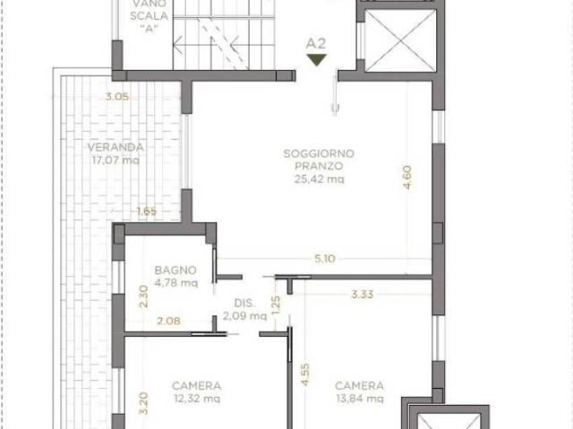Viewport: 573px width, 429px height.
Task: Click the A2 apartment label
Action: tap(316, 44)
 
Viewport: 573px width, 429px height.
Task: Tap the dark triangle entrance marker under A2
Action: tap(316, 60)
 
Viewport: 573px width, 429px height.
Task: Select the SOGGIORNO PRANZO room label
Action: tap(319, 159)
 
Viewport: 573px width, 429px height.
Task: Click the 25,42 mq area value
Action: tap(320, 179)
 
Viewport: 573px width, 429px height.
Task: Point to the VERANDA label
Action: tap(115, 147)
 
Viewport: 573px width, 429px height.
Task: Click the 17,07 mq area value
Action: tap(115, 160)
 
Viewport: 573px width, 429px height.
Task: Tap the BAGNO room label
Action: tap(175, 270)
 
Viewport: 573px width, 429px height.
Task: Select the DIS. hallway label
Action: tap(244, 303)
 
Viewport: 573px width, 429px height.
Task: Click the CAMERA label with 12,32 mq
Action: tap(197, 385)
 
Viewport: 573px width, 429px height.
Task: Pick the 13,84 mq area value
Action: tap(360, 399)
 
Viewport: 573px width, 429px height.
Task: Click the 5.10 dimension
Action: tap(325, 259)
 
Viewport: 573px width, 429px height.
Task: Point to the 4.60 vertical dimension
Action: tap(406, 177)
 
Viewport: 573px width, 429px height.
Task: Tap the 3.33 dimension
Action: tap(362, 294)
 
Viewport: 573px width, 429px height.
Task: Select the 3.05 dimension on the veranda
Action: tap(117, 97)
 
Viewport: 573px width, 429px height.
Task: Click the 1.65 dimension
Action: tap(147, 211)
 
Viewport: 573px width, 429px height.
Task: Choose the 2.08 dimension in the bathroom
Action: tap(168, 321)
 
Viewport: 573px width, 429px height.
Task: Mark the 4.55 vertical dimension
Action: tap(305, 374)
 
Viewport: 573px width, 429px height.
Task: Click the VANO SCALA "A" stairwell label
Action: tap(150, 16)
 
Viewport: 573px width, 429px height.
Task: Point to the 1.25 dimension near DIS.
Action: tap(277, 305)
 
